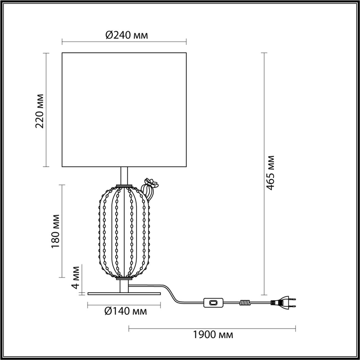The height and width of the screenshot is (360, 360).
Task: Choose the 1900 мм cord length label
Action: (212, 335)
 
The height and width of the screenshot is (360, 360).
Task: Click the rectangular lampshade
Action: (124, 110)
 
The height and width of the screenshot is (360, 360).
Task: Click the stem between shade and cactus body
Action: (124, 176)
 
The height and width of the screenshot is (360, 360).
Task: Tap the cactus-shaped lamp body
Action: (123, 232)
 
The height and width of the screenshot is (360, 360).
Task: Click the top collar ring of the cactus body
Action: (124, 186)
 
